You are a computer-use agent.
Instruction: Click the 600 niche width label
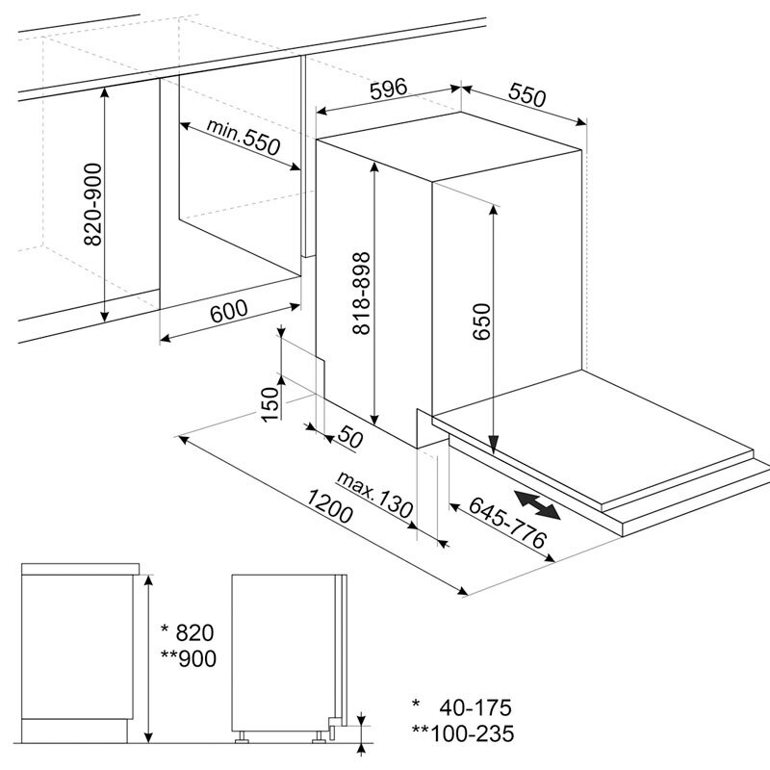click(228, 310)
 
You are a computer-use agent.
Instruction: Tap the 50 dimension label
click(349, 439)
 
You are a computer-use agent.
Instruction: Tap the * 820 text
click(186, 632)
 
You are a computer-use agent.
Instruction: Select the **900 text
click(188, 658)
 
